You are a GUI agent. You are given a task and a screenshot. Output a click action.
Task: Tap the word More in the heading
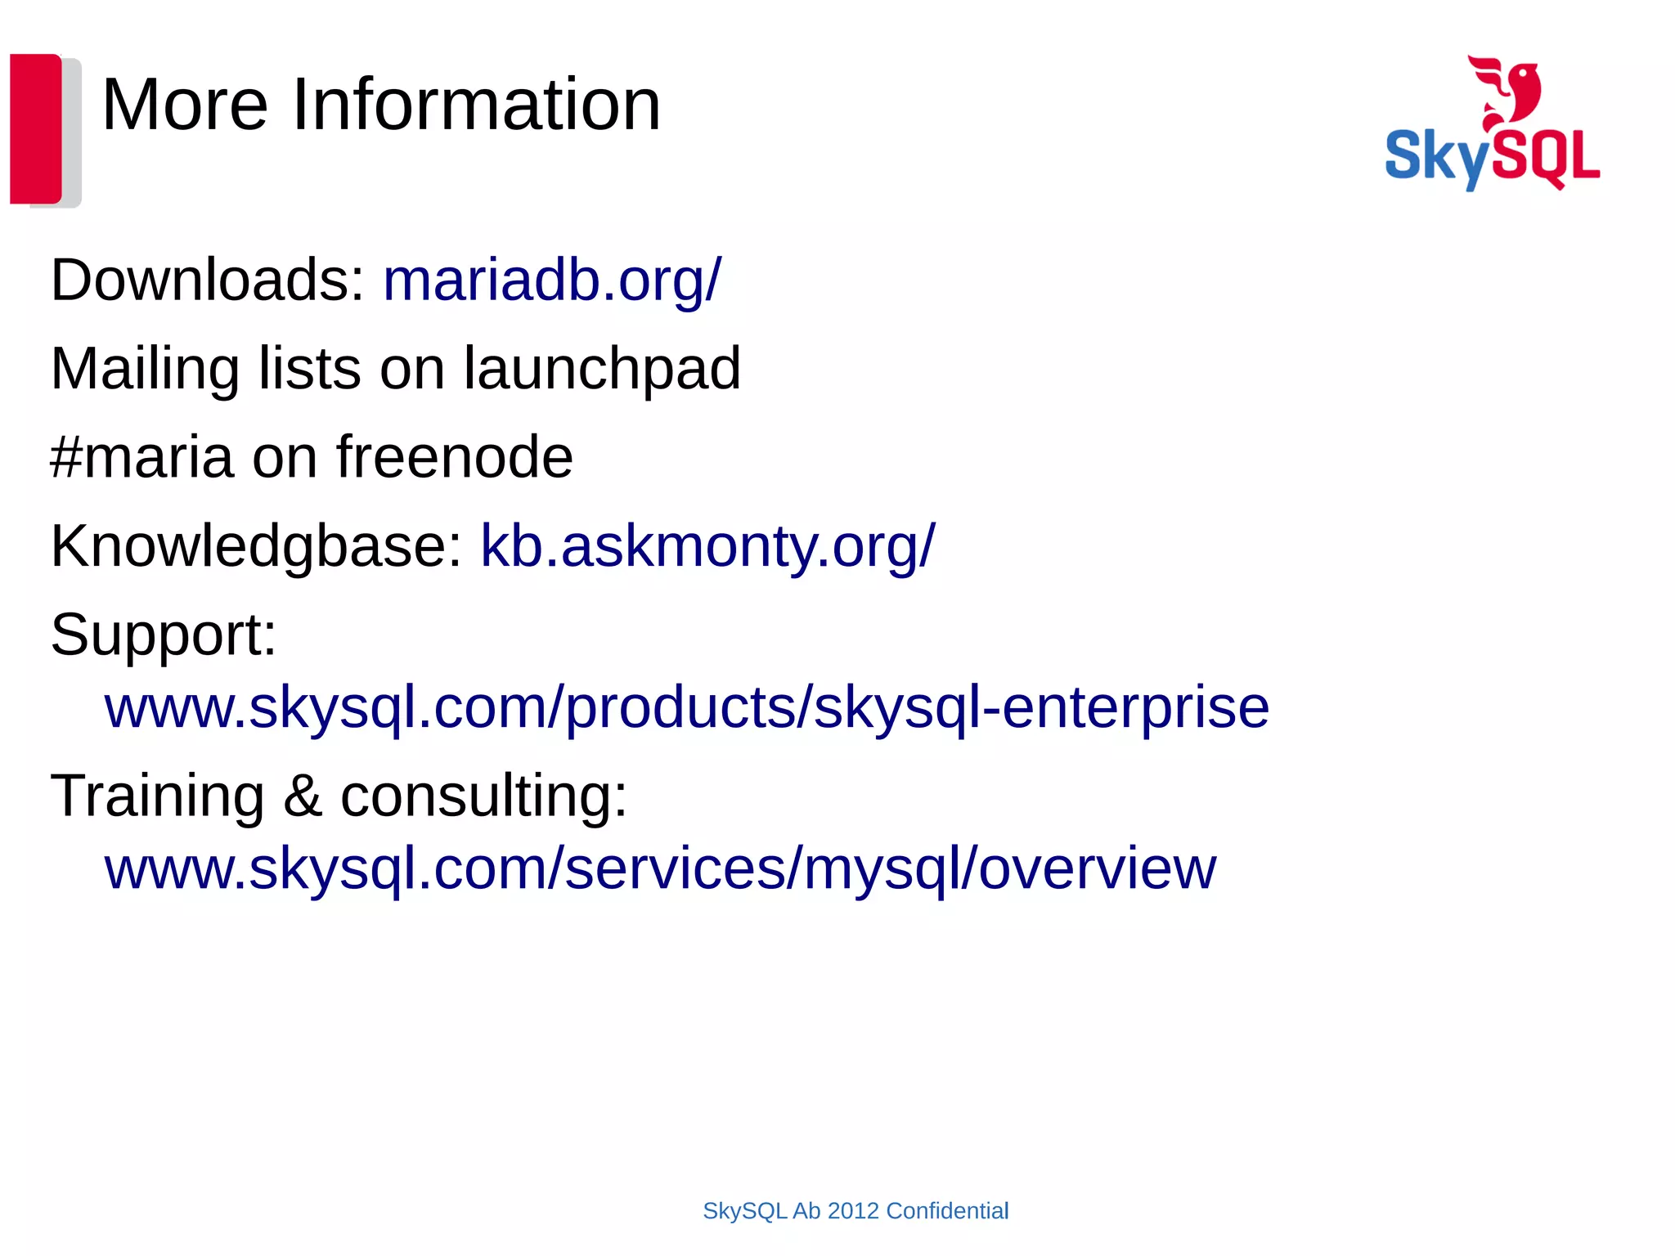click(x=185, y=105)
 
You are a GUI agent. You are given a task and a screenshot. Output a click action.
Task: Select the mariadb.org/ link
click(x=552, y=280)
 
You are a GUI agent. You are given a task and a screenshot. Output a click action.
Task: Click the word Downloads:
click(x=208, y=280)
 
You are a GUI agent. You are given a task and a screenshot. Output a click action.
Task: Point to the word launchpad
click(x=602, y=370)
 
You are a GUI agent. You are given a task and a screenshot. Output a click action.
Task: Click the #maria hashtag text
click(x=141, y=457)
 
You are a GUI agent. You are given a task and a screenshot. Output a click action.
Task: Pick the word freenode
click(x=455, y=457)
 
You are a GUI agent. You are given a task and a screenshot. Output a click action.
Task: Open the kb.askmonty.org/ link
click(x=707, y=546)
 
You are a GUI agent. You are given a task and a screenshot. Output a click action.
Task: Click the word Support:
click(x=164, y=635)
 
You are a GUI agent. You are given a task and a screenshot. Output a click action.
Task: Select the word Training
click(x=157, y=796)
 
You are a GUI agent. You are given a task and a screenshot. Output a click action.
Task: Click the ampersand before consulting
click(x=302, y=796)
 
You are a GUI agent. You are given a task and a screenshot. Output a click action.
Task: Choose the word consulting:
click(x=483, y=796)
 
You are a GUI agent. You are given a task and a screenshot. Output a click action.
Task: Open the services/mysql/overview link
click(x=660, y=868)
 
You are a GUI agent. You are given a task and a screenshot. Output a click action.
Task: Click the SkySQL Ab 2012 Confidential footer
click(x=855, y=1211)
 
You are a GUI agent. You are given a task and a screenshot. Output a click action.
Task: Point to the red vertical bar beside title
click(x=35, y=128)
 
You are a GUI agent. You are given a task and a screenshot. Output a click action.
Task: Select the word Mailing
click(x=145, y=370)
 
